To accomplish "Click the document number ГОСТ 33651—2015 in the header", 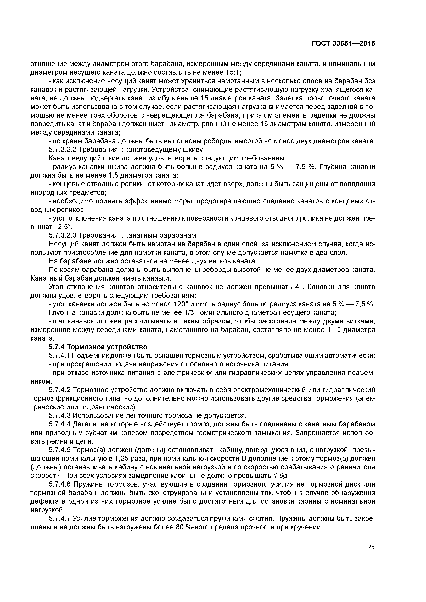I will (343, 44).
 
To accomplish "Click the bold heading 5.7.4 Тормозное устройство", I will (98, 347).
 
